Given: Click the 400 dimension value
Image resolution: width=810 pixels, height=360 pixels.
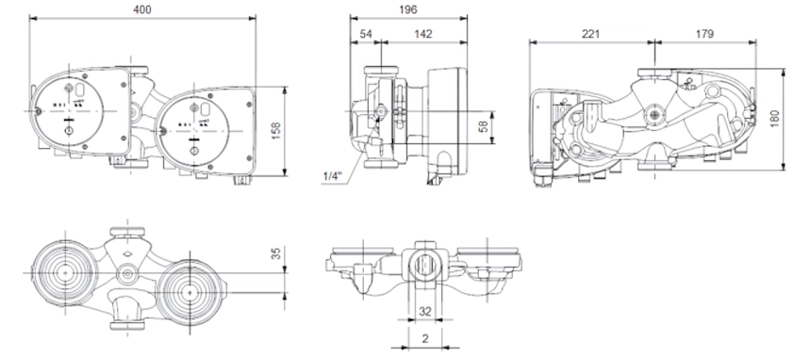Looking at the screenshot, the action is click(x=142, y=9).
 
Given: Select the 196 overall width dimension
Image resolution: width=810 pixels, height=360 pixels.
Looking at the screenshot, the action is click(x=408, y=9).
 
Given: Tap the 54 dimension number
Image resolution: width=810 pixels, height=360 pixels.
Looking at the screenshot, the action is click(x=366, y=34).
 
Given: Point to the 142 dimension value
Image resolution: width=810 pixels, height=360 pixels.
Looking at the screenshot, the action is click(x=423, y=34).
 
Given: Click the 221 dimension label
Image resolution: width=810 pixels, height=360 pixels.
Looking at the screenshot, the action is click(x=591, y=34).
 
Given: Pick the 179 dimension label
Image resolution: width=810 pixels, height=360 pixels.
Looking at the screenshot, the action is click(x=704, y=34).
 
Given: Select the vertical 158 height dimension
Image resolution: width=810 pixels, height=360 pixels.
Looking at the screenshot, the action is click(x=275, y=131).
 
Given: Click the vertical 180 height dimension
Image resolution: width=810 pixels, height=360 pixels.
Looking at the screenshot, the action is click(x=774, y=119).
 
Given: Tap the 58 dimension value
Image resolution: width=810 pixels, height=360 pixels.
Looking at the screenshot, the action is click(x=484, y=126).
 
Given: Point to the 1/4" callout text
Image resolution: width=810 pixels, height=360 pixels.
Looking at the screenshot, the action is click(x=333, y=176).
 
